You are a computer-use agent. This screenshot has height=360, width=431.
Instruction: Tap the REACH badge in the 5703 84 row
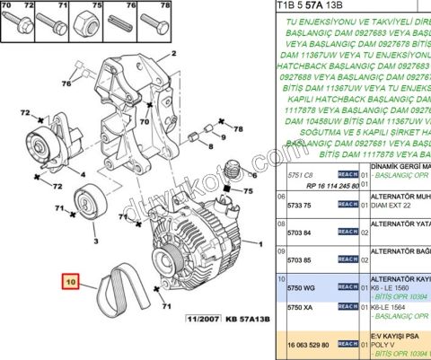pos(347,232)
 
